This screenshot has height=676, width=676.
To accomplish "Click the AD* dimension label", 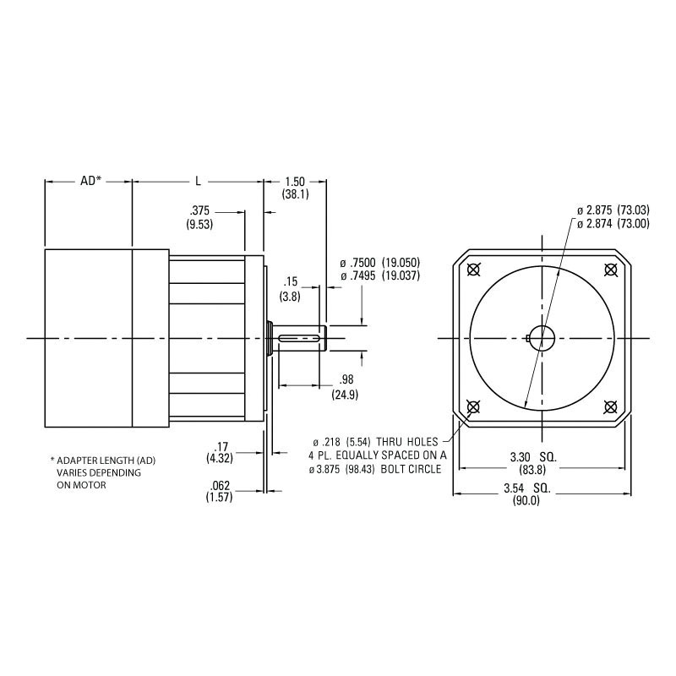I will [90, 181].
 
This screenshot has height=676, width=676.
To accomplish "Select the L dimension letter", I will [198, 181].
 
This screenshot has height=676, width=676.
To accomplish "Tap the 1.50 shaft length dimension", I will [295, 182].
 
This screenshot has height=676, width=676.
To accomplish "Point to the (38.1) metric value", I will [295, 194].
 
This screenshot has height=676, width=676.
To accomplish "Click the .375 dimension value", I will [199, 211].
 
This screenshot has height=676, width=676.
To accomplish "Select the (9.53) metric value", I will [199, 224].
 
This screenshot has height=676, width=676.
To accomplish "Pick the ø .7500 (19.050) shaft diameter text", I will [379, 262].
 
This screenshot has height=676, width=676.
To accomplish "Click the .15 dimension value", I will [291, 282].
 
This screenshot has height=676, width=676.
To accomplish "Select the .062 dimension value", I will [220, 486].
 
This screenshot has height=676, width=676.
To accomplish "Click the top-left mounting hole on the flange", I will [472, 270].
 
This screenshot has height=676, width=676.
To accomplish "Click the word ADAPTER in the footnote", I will [77, 461].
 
